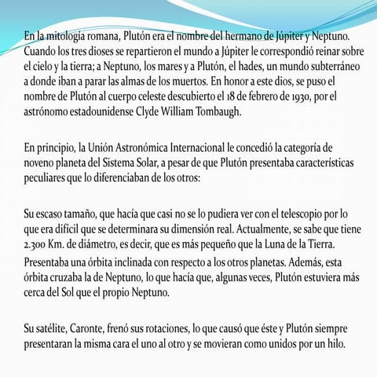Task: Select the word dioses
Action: pyautogui.click(x=97, y=52)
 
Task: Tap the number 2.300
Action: pyautogui.click(x=37, y=242)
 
